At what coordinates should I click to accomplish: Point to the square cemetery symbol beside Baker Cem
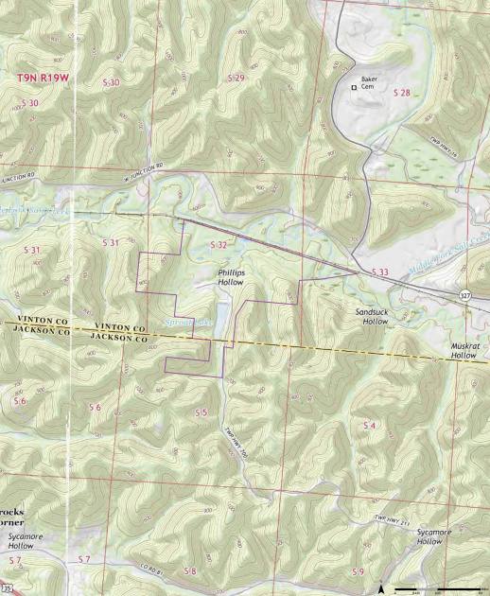click(355, 87)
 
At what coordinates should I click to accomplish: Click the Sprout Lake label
click(185, 323)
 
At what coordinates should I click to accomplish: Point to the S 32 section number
click(218, 244)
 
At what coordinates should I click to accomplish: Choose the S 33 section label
click(380, 272)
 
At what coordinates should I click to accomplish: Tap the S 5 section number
click(201, 413)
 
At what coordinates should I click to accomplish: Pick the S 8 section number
click(190, 570)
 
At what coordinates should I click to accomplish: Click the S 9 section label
click(358, 571)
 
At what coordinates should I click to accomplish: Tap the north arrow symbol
click(380, 587)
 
